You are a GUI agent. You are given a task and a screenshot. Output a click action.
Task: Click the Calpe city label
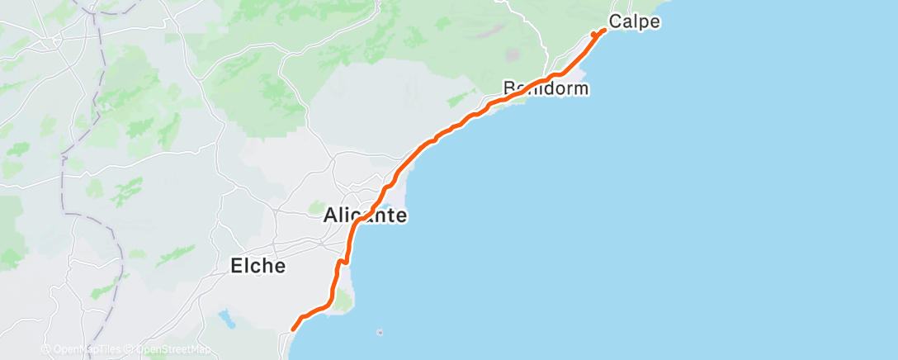click(x=634, y=22)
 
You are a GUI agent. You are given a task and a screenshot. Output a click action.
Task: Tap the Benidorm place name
click(x=546, y=88)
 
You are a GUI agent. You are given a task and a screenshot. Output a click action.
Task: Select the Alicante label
click(x=364, y=216)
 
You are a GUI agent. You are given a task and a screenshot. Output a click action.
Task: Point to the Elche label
click(x=257, y=266)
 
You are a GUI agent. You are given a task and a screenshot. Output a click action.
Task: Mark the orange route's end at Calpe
click(x=605, y=30)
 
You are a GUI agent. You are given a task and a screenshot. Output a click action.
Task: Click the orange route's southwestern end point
click(x=294, y=330)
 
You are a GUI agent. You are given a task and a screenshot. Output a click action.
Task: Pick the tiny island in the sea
click(x=379, y=333)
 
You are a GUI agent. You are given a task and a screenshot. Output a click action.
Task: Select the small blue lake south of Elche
click(x=225, y=315)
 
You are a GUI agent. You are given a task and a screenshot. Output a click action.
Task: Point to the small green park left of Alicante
click(x=317, y=205)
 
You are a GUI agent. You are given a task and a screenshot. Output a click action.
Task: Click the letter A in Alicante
click(x=330, y=216)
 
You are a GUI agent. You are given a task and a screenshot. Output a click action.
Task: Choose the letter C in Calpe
click(x=615, y=22)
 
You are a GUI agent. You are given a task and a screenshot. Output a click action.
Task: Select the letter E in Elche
click(x=234, y=266)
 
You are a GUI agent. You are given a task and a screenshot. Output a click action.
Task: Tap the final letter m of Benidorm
click(x=581, y=88)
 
